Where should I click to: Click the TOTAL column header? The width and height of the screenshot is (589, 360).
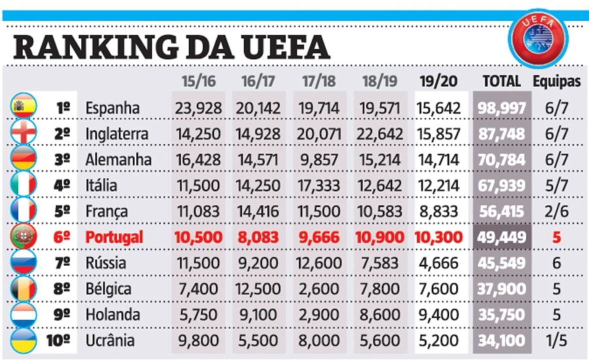tap(501, 81)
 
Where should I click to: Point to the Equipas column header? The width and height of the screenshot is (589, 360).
tap(556, 81)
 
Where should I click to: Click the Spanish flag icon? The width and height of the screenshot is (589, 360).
tap(23, 107)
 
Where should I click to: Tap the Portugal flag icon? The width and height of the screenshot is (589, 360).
tap(23, 236)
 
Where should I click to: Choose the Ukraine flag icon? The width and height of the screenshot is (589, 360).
tap(23, 340)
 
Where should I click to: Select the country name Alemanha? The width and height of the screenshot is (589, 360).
tap(118, 159)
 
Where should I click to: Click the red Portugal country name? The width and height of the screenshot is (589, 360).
tap(114, 237)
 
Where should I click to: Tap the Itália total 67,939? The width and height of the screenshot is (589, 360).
tap(501, 185)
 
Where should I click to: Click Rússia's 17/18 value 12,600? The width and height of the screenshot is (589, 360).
tap(319, 263)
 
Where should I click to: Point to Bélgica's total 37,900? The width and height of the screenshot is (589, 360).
tap(501, 289)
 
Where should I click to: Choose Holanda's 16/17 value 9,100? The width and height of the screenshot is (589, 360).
tap(258, 315)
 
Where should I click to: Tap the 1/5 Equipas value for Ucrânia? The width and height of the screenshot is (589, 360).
tap(556, 341)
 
